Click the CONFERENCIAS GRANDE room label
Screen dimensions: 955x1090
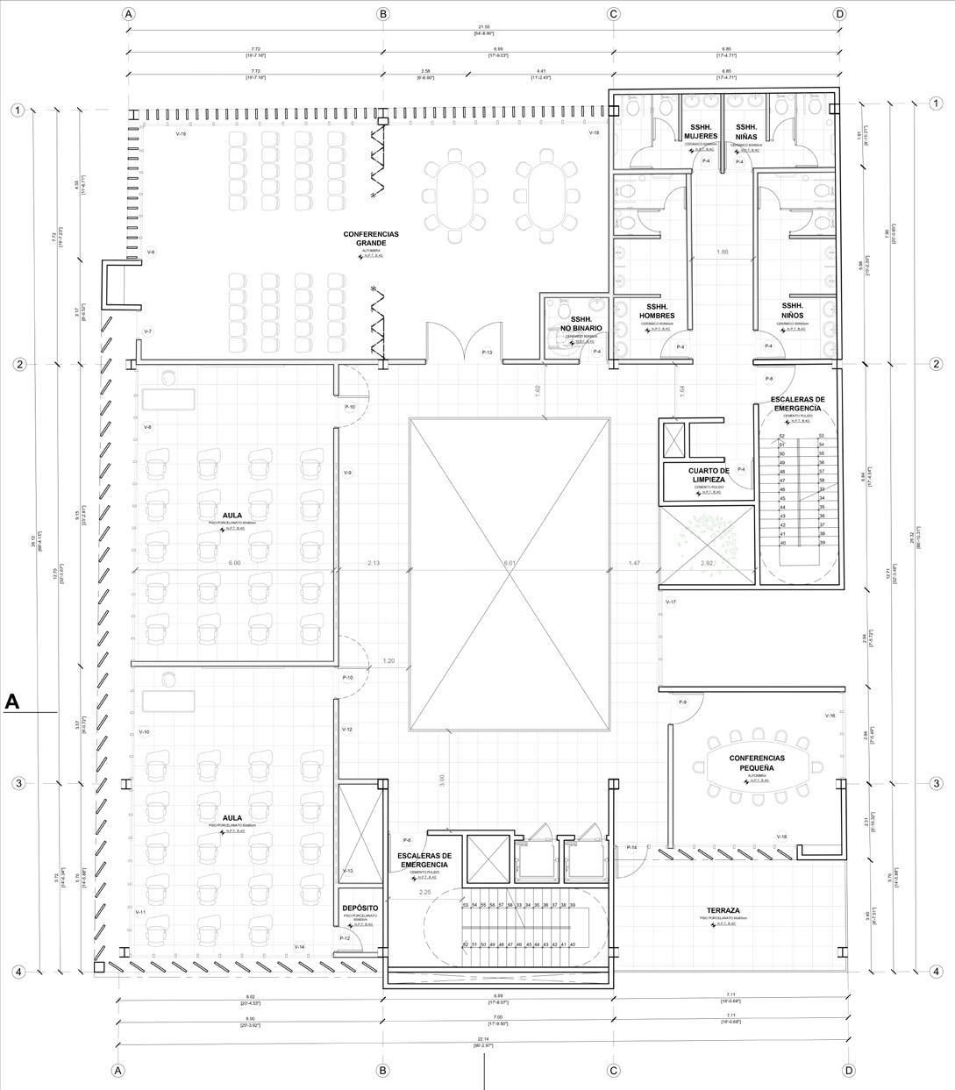click(370, 239)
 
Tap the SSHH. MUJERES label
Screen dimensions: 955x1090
click(701, 132)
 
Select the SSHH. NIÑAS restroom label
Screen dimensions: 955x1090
click(746, 132)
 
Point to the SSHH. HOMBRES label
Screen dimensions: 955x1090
click(657, 310)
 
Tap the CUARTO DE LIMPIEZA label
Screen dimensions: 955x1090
click(706, 475)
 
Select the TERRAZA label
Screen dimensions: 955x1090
click(724, 910)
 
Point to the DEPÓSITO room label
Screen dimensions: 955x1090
click(360, 908)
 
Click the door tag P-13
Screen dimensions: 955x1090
click(488, 353)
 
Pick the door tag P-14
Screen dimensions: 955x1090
click(631, 847)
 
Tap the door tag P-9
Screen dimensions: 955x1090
click(682, 703)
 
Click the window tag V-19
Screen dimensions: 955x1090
click(181, 134)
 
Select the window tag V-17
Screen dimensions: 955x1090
click(671, 602)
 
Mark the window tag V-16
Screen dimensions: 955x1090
click(829, 716)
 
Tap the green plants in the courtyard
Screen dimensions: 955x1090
click(706, 531)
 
